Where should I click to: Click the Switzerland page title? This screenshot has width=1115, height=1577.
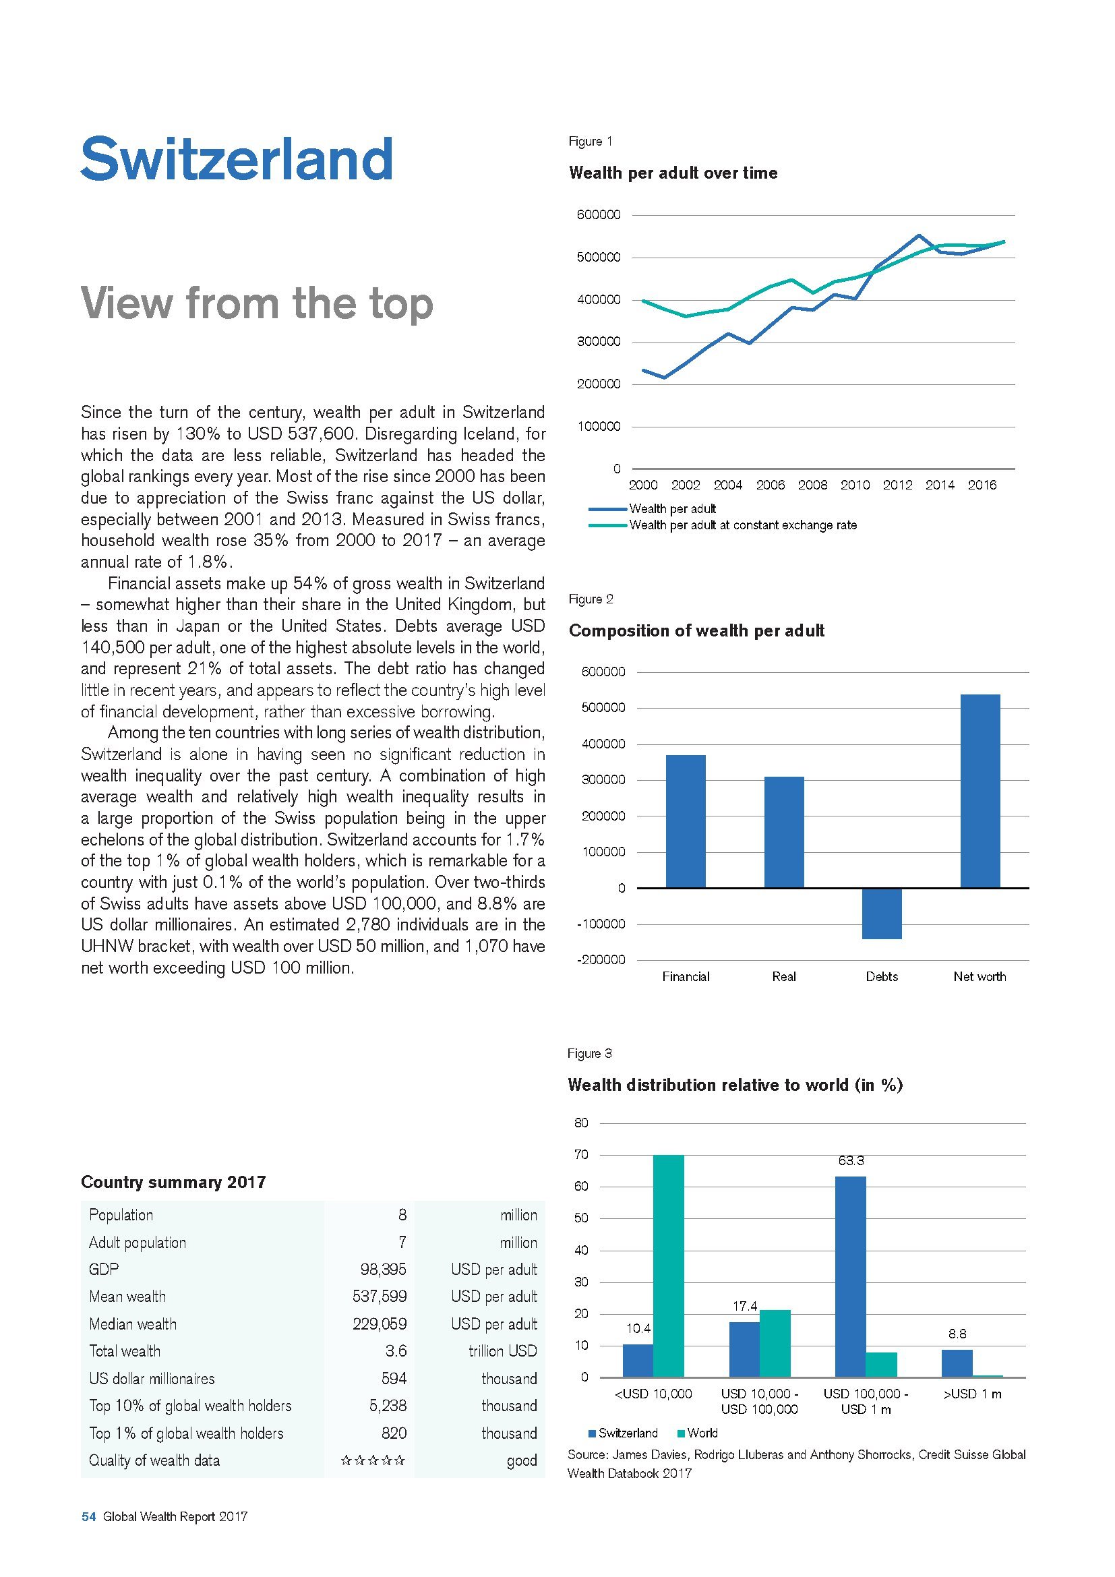(237, 158)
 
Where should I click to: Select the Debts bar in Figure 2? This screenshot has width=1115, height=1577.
(882, 913)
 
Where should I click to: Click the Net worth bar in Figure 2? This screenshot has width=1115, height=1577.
(980, 791)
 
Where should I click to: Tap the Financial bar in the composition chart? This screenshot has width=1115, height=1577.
(685, 821)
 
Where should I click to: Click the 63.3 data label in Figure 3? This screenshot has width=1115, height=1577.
(851, 1161)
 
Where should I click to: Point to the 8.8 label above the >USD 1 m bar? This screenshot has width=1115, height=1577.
(957, 1334)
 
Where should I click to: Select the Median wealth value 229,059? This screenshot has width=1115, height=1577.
(379, 1323)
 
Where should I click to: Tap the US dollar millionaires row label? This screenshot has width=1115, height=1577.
(152, 1379)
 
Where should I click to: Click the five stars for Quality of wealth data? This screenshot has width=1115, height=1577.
(373, 1460)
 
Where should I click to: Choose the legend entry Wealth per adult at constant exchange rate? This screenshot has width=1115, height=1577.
(742, 525)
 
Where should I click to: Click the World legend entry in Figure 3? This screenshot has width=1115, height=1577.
(702, 1433)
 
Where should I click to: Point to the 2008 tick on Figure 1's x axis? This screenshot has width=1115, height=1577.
(812, 485)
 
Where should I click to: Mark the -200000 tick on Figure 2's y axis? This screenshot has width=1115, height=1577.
(602, 960)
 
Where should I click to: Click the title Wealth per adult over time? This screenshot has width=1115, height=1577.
(673, 173)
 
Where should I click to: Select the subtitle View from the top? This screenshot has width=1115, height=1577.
(257, 303)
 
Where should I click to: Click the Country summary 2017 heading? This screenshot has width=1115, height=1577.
(173, 1182)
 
